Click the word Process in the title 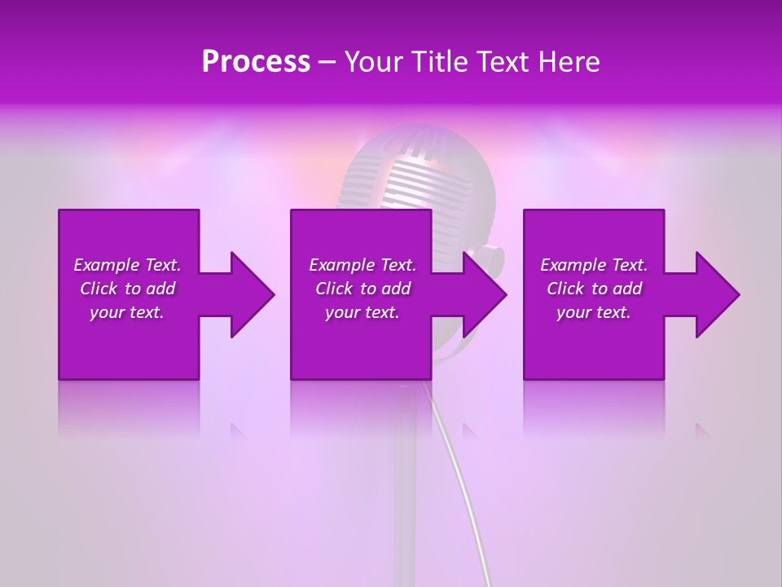click(256, 62)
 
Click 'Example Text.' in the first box click(127, 265)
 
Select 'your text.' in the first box click(127, 312)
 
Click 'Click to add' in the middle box click(362, 289)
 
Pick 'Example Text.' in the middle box click(362, 265)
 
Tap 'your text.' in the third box click(594, 312)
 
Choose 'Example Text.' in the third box click(594, 265)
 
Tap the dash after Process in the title click(327, 63)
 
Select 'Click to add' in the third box click(594, 289)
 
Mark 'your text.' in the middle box click(362, 312)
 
